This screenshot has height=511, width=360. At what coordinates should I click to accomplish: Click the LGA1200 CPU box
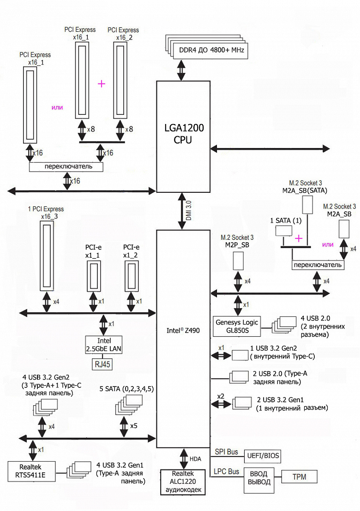(183, 136)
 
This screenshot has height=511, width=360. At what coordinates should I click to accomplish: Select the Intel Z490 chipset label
(183, 330)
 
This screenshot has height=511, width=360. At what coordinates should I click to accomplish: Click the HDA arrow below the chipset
(183, 459)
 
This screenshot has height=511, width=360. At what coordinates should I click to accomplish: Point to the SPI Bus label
(226, 452)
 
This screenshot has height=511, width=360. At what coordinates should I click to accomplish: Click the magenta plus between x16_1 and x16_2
(102, 83)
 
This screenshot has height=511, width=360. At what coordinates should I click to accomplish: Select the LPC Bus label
(227, 472)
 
